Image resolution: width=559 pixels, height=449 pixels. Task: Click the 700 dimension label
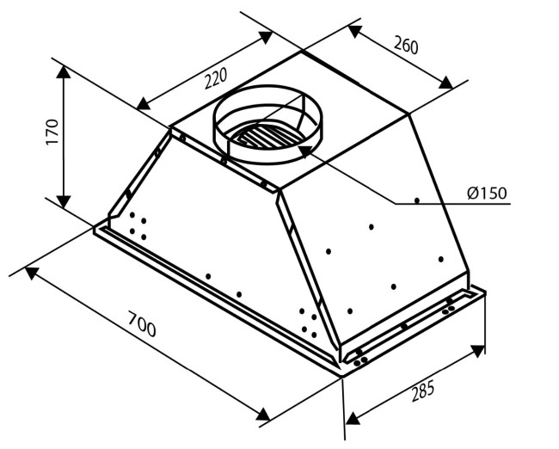click(x=142, y=324)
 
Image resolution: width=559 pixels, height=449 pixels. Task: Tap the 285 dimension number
click(x=423, y=391)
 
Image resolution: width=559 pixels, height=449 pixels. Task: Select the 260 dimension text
click(x=406, y=46)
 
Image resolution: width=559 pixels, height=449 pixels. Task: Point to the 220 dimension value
click(x=215, y=79)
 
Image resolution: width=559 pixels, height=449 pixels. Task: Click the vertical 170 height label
click(x=52, y=132)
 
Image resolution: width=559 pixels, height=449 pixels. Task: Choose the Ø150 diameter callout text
click(x=487, y=193)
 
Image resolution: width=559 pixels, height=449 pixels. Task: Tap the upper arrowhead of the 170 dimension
click(x=64, y=72)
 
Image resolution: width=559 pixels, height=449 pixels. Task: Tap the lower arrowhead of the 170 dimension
click(x=64, y=201)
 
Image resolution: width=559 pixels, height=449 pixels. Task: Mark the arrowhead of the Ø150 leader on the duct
click(x=304, y=151)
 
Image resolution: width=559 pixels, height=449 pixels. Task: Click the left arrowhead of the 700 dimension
click(x=31, y=273)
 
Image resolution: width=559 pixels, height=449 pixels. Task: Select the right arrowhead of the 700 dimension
click(x=263, y=415)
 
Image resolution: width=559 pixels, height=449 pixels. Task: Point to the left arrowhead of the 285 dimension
click(x=353, y=418)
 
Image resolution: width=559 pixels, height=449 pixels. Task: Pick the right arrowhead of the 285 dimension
click(x=477, y=350)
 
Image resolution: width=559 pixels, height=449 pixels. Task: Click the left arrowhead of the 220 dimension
click(x=144, y=103)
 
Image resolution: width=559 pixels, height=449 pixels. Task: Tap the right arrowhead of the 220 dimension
click(x=265, y=37)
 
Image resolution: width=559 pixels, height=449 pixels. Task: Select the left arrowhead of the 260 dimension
click(x=355, y=31)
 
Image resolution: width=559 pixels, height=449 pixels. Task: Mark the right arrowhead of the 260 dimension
click(x=445, y=83)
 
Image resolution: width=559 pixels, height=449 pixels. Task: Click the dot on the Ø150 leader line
click(x=417, y=200)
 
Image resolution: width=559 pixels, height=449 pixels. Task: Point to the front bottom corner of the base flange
click(x=341, y=377)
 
